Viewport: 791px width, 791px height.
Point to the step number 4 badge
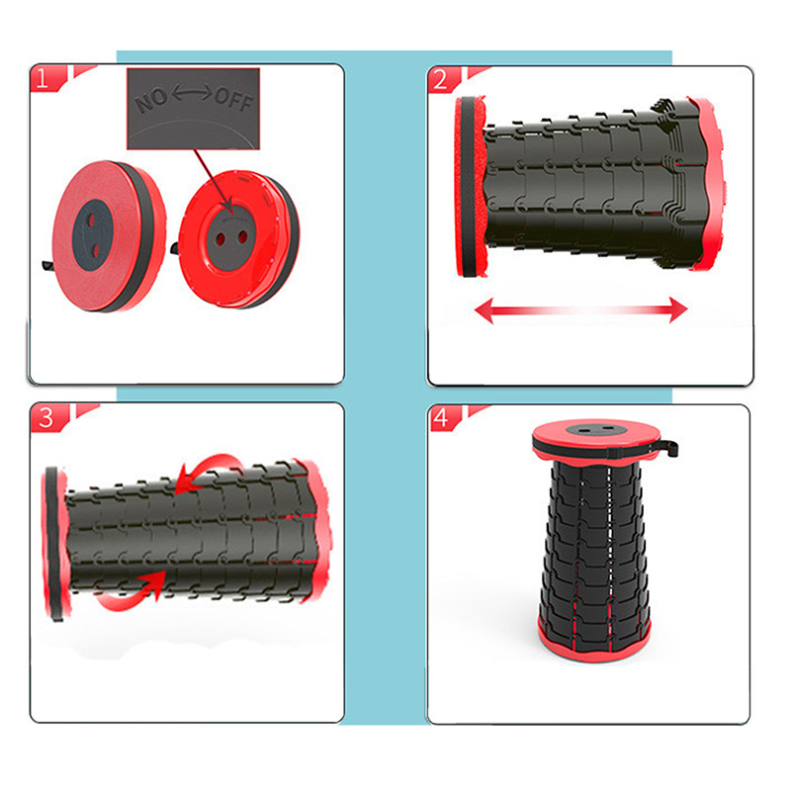pos(444,418)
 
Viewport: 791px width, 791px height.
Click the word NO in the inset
pos(151,101)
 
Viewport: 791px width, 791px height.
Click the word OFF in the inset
pos(233,99)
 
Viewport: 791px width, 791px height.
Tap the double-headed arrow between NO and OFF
pos(192,93)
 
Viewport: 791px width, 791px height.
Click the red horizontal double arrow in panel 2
pos(581,309)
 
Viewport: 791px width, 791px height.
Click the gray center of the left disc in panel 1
pos(93,234)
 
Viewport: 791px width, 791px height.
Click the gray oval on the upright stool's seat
pos(596,431)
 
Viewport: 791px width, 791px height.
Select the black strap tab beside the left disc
pos(48,266)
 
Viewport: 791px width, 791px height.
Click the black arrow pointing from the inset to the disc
pos(213,180)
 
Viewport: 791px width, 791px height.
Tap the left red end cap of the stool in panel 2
pos(470,187)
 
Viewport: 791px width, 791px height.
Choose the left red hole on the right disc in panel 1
pos(220,239)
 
